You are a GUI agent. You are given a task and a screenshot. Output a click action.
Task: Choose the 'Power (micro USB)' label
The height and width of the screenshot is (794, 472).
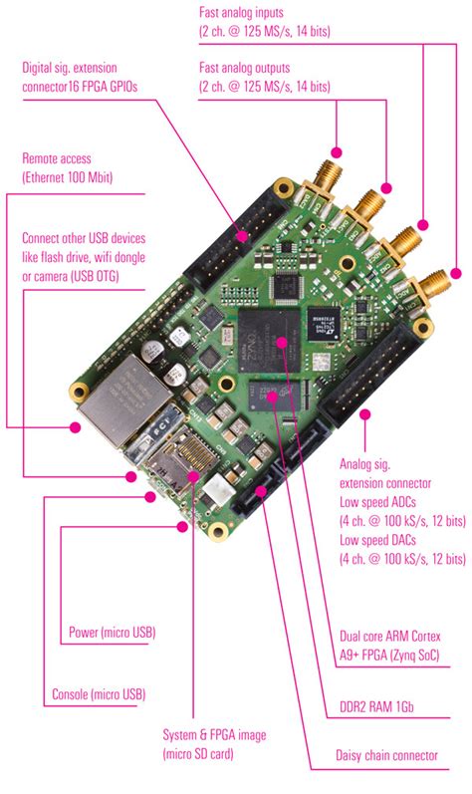pos(112,632)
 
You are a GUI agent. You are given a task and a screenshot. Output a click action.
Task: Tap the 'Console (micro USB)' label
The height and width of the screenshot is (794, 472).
pos(99,695)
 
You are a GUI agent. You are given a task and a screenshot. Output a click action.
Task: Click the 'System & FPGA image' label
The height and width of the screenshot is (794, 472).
pos(214,735)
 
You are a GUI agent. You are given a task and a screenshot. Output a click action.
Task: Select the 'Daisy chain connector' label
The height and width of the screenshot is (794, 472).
pos(387,756)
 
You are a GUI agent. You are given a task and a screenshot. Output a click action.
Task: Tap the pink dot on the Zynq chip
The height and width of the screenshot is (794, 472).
pos(283,343)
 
